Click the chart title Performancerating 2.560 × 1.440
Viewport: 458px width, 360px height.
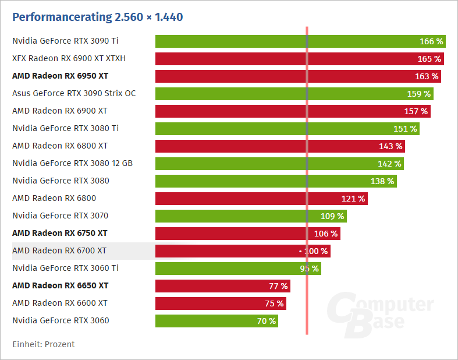point(97,17)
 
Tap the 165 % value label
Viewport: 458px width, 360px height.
point(429,59)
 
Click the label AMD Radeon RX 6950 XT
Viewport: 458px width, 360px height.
point(60,76)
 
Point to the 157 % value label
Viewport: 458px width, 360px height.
point(416,111)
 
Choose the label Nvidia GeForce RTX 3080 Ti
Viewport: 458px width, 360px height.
point(65,128)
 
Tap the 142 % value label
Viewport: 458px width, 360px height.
point(389,164)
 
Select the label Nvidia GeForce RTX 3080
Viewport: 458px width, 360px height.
point(61,181)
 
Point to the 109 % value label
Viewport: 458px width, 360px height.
point(332,216)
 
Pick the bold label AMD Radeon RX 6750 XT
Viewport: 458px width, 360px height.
point(60,233)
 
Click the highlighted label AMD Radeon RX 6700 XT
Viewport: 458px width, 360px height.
point(59,250)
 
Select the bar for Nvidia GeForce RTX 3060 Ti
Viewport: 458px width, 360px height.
point(233,269)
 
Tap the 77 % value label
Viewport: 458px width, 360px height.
point(278,286)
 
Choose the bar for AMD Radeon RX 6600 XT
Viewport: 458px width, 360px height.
point(215,303)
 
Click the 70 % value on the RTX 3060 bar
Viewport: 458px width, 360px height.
point(266,321)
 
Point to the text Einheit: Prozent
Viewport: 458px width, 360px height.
point(44,344)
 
